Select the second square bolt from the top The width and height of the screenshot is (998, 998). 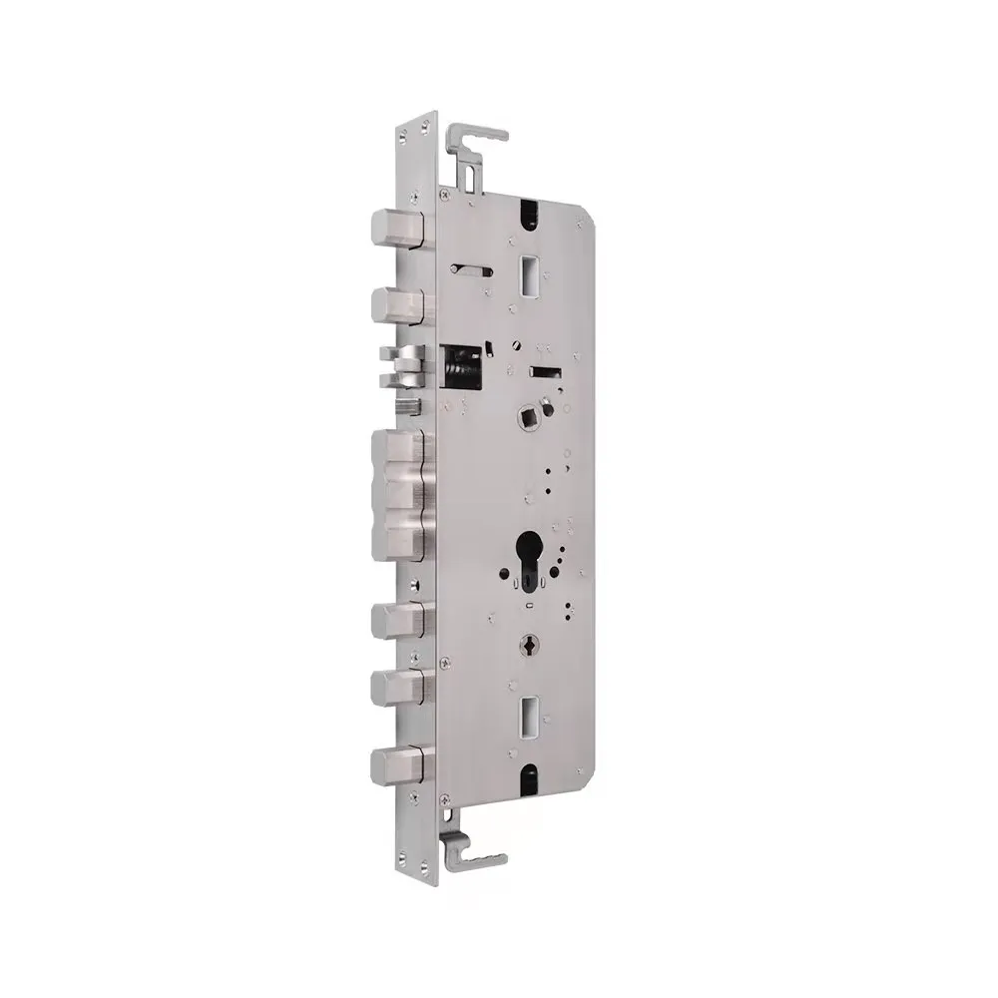(396, 301)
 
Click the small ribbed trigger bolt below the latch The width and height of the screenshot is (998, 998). (407, 405)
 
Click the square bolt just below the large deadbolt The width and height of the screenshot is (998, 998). (396, 621)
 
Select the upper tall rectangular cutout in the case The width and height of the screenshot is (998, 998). (527, 270)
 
